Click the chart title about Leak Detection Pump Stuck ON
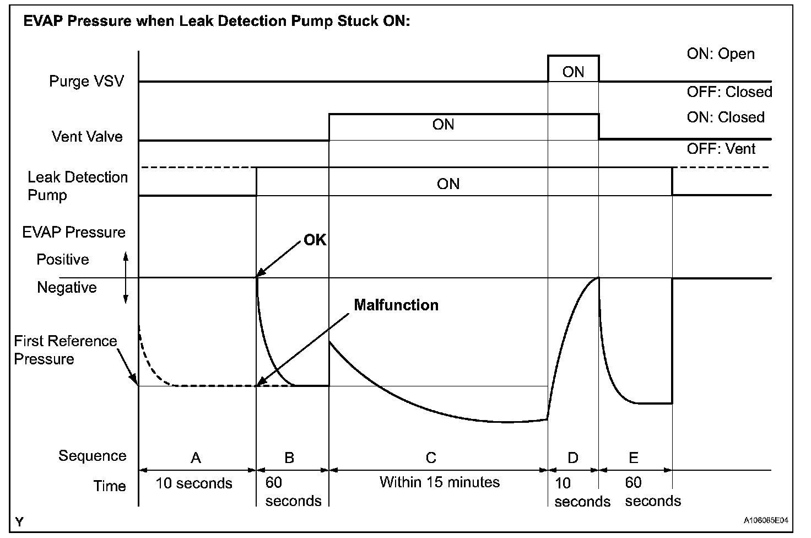[x=216, y=21]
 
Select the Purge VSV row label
[x=86, y=81]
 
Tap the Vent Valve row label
[x=87, y=136]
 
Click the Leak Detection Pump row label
[x=77, y=186]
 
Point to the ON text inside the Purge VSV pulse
[x=573, y=72]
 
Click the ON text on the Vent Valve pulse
[x=443, y=125]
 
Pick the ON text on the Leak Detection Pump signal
[x=448, y=184]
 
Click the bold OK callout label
[x=315, y=240]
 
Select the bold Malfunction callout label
[x=396, y=305]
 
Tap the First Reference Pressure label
[x=65, y=349]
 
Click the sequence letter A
[x=195, y=457]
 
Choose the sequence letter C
[x=431, y=457]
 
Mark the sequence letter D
[x=573, y=457]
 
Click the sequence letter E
[x=633, y=457]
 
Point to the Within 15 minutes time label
[x=439, y=482]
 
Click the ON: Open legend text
[x=720, y=54]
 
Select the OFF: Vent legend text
[x=721, y=149]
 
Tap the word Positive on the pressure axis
[x=62, y=259]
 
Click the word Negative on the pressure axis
[x=67, y=287]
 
